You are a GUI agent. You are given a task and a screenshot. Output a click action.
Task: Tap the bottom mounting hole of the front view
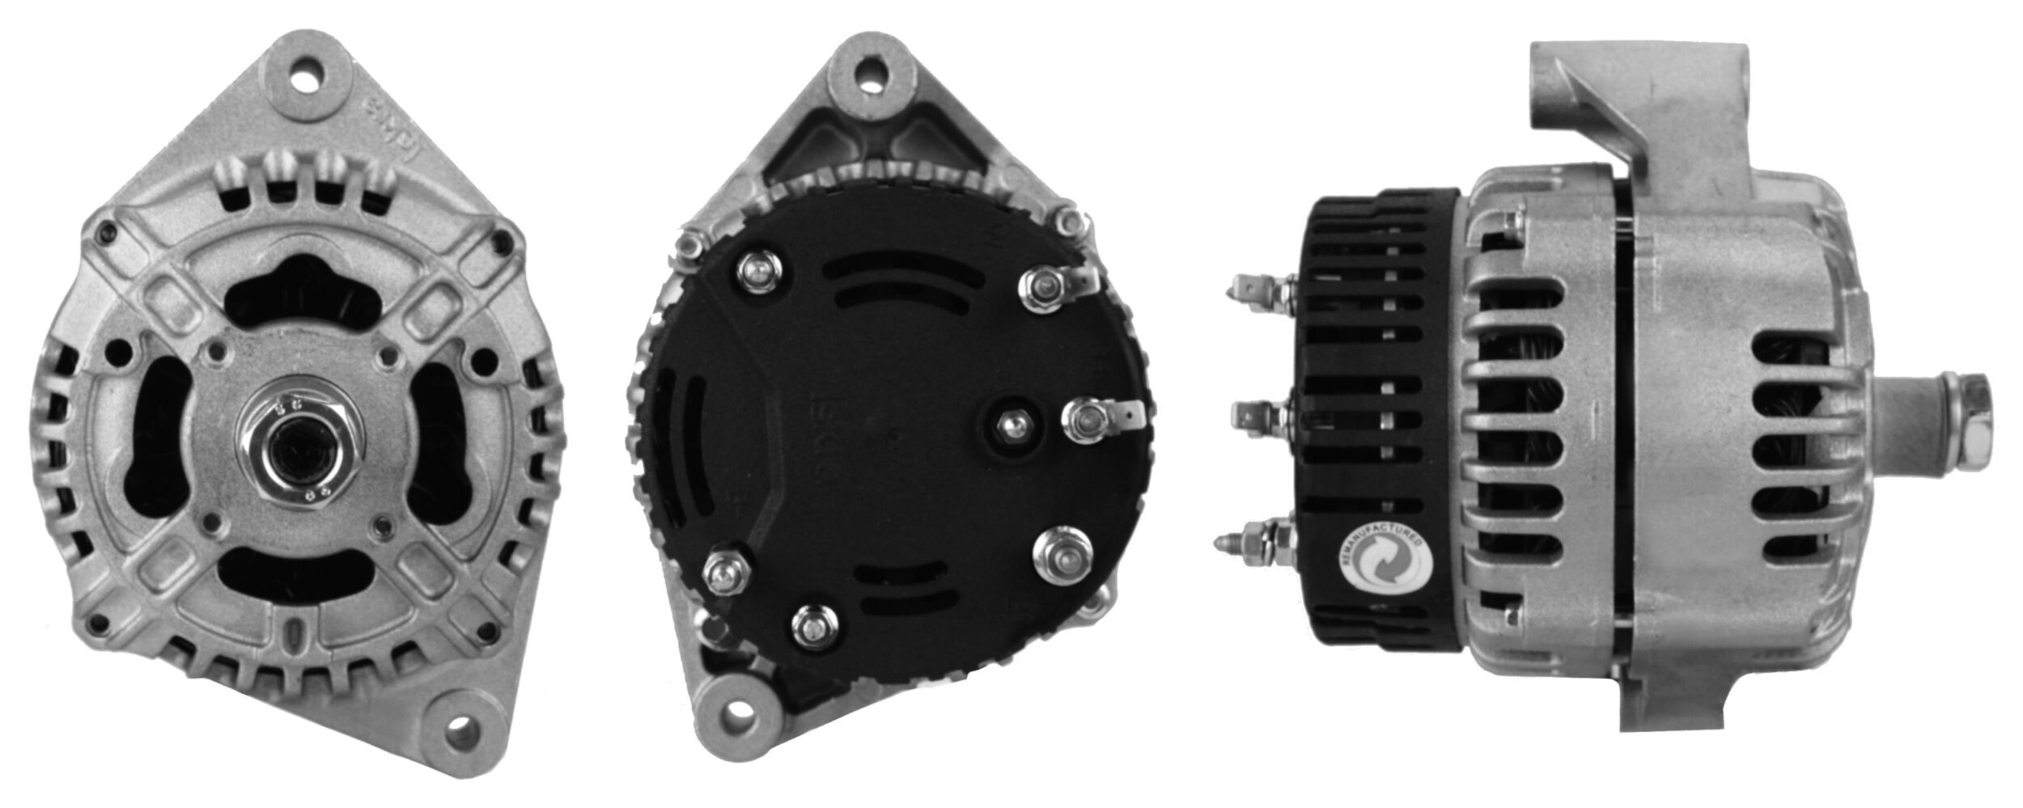462,726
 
